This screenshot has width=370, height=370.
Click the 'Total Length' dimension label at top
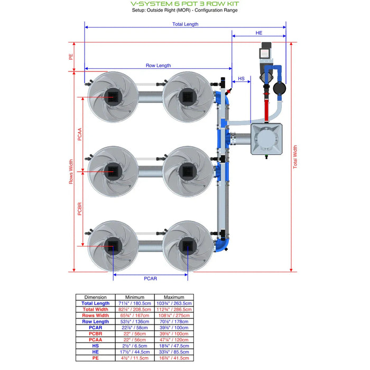click(185, 24)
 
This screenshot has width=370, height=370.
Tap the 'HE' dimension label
click(258, 33)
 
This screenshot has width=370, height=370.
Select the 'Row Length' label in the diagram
click(158, 66)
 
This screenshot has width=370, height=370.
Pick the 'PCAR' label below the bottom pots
click(150, 278)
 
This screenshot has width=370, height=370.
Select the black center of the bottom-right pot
click(188, 245)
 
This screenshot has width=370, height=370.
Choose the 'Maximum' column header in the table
click(174, 297)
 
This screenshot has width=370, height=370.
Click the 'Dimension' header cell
click(95, 297)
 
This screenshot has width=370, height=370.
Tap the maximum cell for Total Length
click(174, 303)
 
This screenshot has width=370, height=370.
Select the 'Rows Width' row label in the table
click(95, 316)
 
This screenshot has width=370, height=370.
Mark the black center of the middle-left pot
click(113, 171)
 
